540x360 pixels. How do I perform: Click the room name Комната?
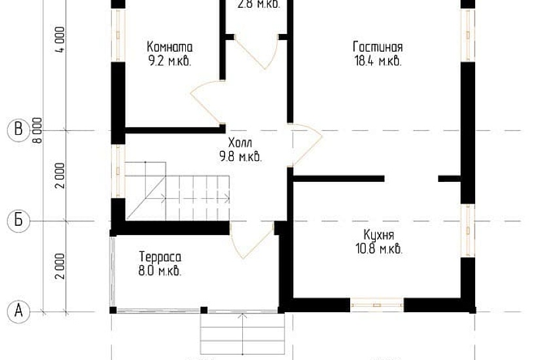pyautogui.click(x=170, y=47)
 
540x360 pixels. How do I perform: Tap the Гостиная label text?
pyautogui.click(x=377, y=47)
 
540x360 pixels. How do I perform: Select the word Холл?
pyautogui.click(x=240, y=143)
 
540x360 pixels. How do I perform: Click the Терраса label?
pyautogui.click(x=160, y=257)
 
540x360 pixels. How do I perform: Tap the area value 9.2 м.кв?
pyautogui.click(x=170, y=61)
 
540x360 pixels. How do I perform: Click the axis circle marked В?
pyautogui.click(x=18, y=130)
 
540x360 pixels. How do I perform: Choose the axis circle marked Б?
pyautogui.click(x=18, y=221)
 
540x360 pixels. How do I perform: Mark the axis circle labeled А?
pyautogui.click(x=18, y=310)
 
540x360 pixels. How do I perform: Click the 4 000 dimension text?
pyautogui.click(x=60, y=41)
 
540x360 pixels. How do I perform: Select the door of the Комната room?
pyautogui.click(x=207, y=105)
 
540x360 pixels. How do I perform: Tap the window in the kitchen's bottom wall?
pyautogui.click(x=376, y=304)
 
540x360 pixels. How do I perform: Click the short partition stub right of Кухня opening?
pyautogui.click(x=449, y=178)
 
